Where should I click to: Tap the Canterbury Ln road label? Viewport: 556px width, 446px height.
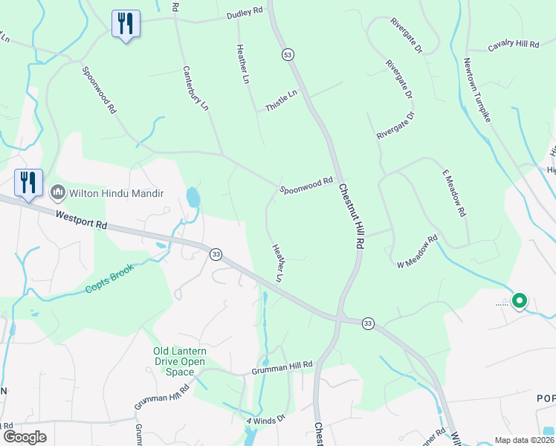tap(195, 88)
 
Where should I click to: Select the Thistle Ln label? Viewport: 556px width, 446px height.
tap(281, 101)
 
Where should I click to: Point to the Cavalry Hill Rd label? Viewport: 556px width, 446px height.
tap(513, 45)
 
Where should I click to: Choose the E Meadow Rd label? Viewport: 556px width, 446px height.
tap(453, 193)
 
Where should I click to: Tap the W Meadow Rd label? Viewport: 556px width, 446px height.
tap(418, 253)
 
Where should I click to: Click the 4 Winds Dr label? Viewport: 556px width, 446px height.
tap(266, 421)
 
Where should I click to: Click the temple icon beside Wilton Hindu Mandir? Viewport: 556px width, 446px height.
tap(57, 194)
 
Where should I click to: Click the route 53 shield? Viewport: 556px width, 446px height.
tap(287, 54)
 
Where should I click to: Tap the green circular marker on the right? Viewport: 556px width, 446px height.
tap(520, 301)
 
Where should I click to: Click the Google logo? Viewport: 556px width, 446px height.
tap(25, 436)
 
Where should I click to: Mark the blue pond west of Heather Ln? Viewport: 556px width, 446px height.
tap(193, 197)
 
